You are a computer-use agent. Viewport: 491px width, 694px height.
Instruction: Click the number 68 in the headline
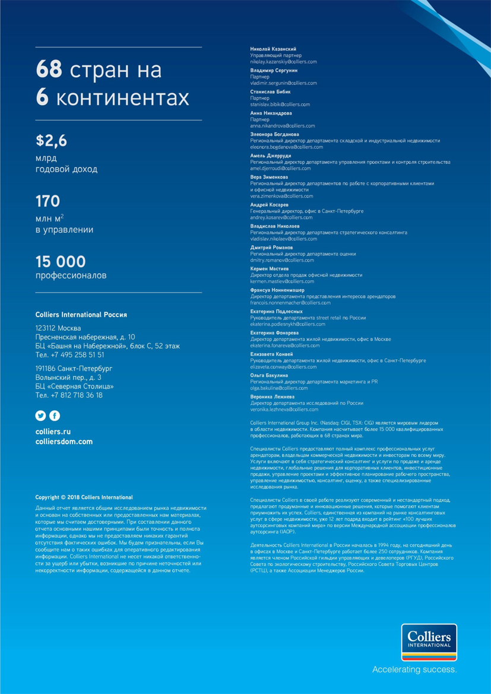click(49, 69)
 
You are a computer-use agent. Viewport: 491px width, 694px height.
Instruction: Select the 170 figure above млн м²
click(48, 201)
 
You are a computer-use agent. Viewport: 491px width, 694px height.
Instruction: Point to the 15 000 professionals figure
click(61, 261)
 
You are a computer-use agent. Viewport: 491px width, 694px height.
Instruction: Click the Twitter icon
click(41, 416)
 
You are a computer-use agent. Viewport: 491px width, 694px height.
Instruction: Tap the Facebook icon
click(54, 416)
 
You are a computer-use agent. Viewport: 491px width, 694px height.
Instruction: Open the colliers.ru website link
click(53, 432)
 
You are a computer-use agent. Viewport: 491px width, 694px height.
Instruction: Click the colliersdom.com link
click(64, 442)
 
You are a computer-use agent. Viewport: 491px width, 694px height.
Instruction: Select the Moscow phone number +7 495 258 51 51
click(69, 354)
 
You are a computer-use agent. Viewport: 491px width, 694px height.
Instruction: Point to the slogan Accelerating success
click(414, 670)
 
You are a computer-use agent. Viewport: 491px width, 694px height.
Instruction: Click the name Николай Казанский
click(273, 49)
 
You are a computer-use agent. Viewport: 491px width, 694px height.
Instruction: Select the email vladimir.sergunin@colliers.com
click(284, 83)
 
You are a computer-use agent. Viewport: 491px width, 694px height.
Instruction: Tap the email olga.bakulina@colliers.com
click(279, 388)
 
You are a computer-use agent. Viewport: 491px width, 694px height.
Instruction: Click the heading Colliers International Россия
click(81, 315)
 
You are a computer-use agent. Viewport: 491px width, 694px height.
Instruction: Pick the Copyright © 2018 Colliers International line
click(84, 497)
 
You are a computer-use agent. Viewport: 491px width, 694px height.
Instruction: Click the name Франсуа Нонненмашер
click(277, 290)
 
